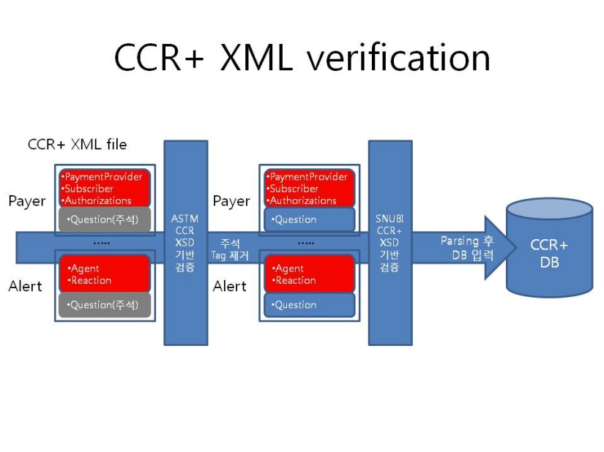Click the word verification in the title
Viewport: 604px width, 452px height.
coord(398,58)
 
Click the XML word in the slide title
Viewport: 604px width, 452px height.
coord(256,58)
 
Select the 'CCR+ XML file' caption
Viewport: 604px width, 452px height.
coord(77,144)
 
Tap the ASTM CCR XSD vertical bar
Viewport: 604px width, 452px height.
coord(186,243)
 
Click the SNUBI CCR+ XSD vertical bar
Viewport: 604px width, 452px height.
coord(390,243)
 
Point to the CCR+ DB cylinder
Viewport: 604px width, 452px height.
coord(549,248)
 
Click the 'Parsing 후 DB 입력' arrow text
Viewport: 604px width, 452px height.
coord(467,248)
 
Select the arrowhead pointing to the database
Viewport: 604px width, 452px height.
coord(500,247)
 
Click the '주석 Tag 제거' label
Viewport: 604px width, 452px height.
coord(230,249)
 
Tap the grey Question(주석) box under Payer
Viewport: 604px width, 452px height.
coord(105,219)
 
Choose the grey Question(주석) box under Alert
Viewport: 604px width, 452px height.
coord(105,305)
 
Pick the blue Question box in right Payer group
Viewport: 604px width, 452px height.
coord(309,219)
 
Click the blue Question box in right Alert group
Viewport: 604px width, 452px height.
coord(309,305)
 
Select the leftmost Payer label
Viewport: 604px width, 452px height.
coord(27,201)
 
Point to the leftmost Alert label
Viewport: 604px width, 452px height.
coord(25,286)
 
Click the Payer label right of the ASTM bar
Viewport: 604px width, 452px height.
coord(231,201)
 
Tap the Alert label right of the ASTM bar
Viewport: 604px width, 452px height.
coord(230,286)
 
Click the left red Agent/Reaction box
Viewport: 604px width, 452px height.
coord(105,274)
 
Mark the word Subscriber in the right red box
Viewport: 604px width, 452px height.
coord(294,189)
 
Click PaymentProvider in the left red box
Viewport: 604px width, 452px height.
coord(103,176)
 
